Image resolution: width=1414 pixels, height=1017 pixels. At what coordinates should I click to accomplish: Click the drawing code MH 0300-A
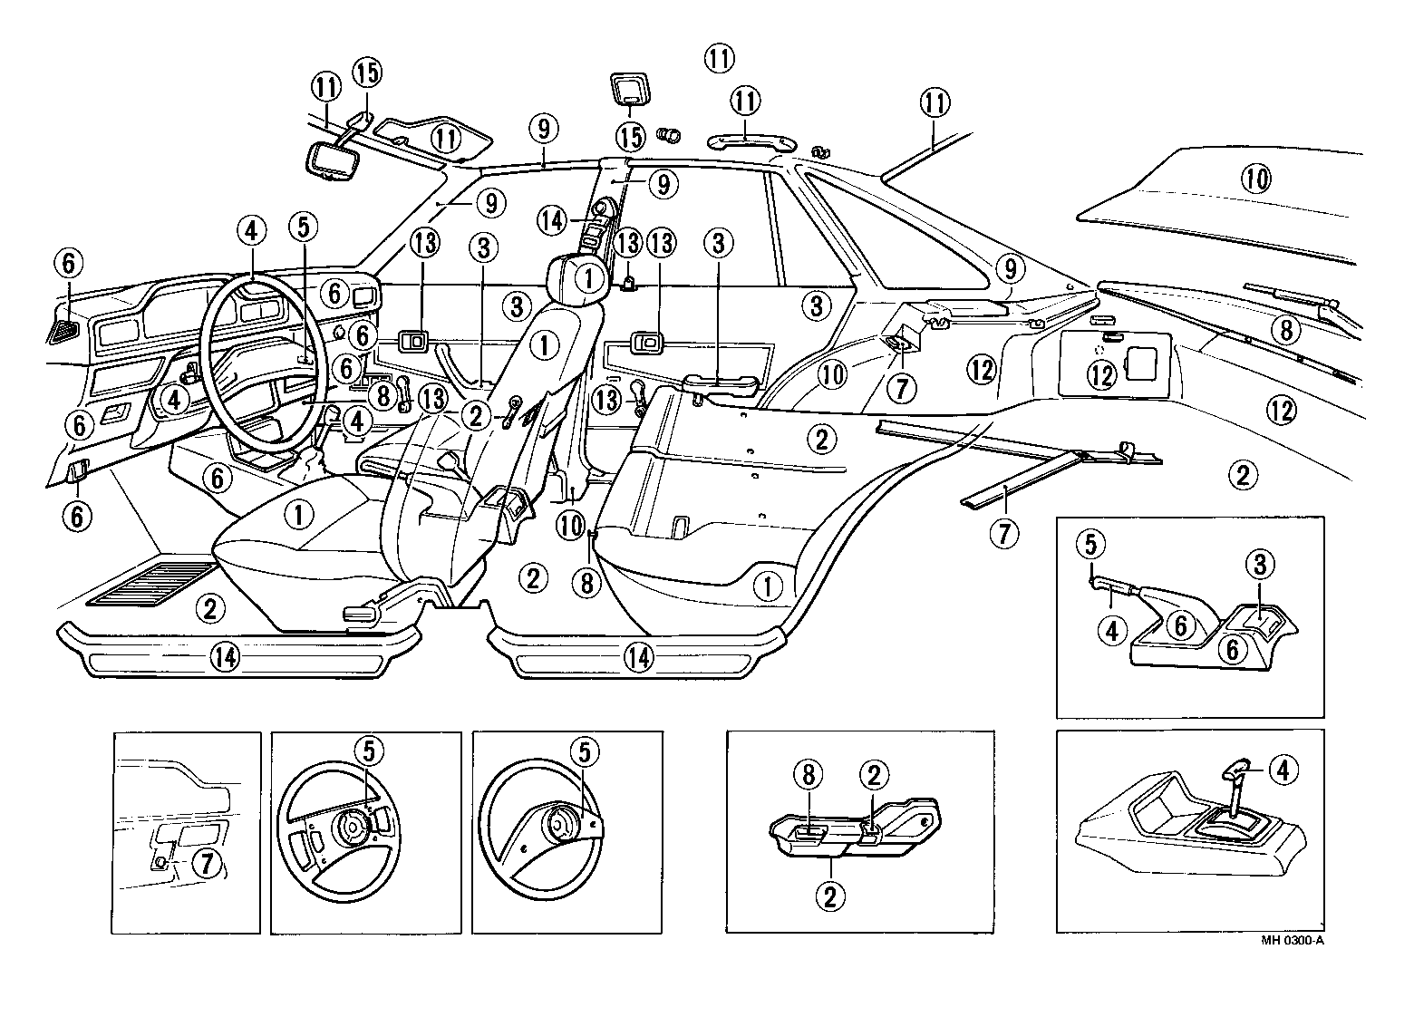tap(1293, 940)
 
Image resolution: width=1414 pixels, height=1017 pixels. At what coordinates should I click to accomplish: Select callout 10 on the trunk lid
tap(1256, 179)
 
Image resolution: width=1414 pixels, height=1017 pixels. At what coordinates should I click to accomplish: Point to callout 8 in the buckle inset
tap(809, 775)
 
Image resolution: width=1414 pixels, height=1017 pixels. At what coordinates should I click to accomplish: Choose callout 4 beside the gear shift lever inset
tap(1282, 770)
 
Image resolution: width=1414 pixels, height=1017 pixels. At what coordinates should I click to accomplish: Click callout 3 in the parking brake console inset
tap(1260, 567)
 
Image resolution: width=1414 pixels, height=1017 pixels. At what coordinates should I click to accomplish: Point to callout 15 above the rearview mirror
tap(368, 72)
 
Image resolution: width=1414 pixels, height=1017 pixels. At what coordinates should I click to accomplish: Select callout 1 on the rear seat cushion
tap(769, 586)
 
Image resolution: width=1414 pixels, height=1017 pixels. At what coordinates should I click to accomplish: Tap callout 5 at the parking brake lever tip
tap(1090, 544)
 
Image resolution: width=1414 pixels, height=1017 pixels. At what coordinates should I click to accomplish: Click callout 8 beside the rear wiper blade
tap(1285, 331)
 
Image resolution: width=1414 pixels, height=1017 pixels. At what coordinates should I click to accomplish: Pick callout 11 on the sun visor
tap(444, 139)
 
